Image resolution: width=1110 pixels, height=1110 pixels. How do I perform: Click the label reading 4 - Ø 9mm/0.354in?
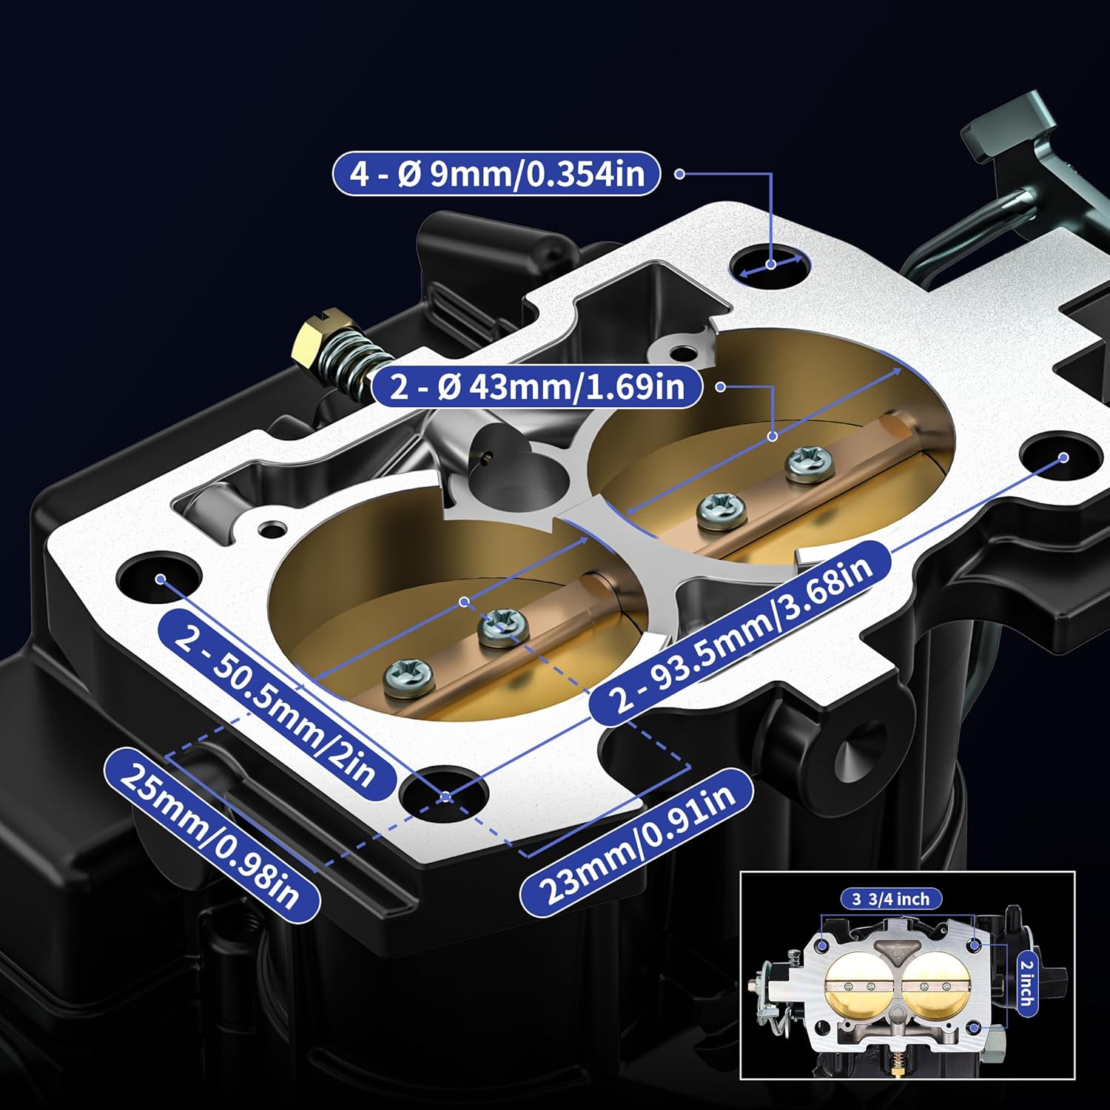(496, 174)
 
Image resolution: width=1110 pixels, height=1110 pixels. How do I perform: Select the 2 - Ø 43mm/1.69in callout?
(536, 386)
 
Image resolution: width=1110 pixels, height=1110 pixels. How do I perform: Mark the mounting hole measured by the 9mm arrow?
(770, 265)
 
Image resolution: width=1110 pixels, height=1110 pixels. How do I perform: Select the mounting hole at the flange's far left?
(159, 576)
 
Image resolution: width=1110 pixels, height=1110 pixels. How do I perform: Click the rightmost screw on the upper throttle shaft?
(810, 462)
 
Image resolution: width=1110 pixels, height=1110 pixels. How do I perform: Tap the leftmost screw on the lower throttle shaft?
(408, 675)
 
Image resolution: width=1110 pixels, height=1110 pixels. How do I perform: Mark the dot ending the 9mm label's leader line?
(679, 174)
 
